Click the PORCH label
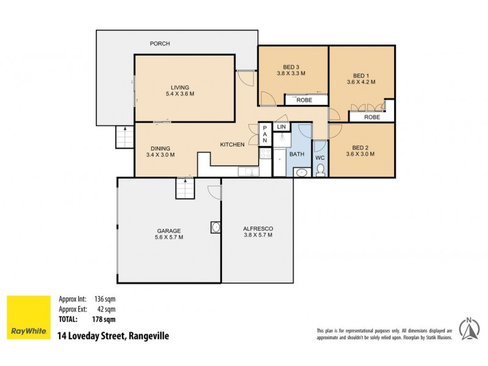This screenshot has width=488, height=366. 160,43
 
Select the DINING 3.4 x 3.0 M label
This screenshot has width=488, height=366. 160,151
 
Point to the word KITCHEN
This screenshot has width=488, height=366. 232,145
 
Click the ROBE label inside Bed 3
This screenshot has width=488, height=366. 304,100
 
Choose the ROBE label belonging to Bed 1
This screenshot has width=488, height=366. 372,117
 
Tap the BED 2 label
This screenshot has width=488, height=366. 360,151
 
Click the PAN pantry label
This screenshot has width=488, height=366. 265,135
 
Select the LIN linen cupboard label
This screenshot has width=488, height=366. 281,126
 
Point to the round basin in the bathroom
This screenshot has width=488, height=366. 301,173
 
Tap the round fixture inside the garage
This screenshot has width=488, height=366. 215,227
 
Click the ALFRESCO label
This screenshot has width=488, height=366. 257,231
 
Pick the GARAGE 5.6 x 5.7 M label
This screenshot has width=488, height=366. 169,234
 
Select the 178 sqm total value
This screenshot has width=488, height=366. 104,318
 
